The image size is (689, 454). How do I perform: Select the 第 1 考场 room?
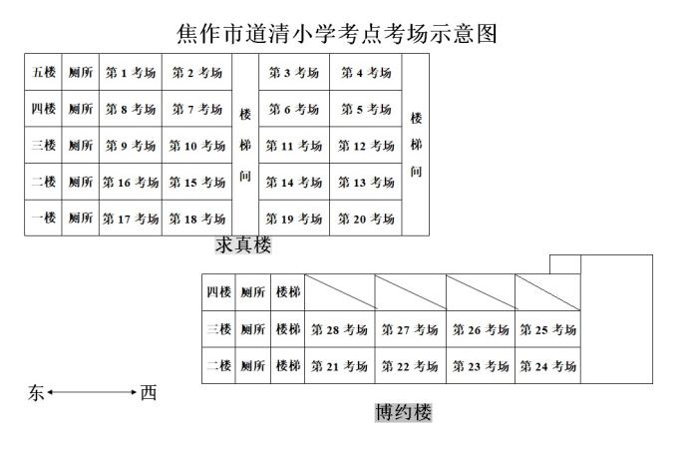[131, 73]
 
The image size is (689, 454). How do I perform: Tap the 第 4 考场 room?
[365, 73]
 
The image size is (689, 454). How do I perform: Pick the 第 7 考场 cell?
[196, 109]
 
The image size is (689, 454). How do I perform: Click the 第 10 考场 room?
[196, 146]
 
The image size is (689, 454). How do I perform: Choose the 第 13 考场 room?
[365, 183]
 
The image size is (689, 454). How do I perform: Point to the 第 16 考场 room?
[131, 183]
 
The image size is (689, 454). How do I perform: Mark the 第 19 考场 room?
[294, 219]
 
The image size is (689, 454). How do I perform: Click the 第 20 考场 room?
[365, 219]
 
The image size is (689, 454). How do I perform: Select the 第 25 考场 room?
[547, 329]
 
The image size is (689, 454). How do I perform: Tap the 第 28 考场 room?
[339, 329]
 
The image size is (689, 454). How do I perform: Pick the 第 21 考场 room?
[339, 366]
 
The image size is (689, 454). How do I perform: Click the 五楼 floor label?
[44, 73]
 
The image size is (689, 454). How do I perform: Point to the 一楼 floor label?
[44, 219]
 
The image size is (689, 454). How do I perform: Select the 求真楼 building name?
[242, 245]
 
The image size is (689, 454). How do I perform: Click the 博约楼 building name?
[403, 411]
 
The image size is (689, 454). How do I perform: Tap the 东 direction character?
[35, 393]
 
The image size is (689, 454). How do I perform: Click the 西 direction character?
[149, 393]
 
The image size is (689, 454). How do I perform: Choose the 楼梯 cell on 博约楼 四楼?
[287, 292]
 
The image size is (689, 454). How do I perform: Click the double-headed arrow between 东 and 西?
[92, 393]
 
